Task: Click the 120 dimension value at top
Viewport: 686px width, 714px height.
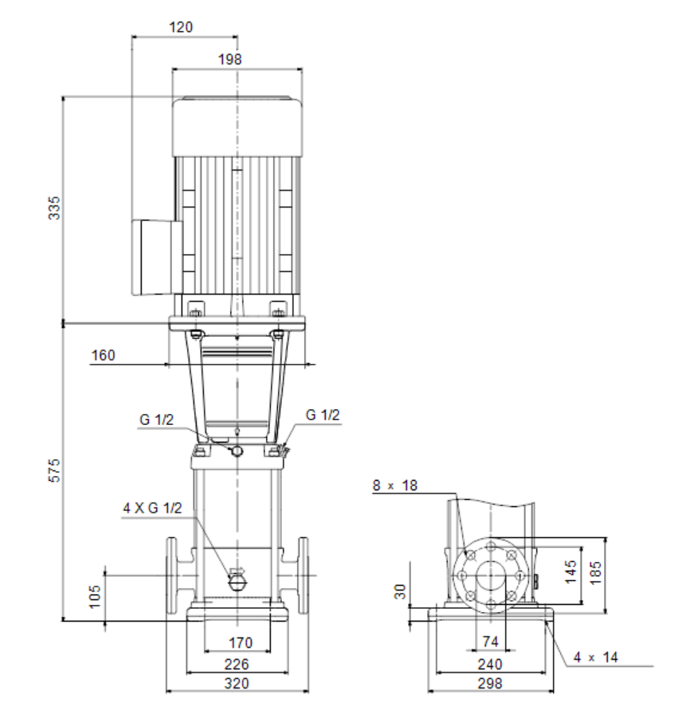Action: [x=181, y=27]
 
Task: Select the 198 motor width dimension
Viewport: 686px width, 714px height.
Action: [x=229, y=59]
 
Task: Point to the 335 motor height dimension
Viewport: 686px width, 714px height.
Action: [x=54, y=208]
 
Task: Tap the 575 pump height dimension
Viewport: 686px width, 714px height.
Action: [x=54, y=470]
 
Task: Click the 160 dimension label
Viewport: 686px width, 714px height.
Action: [x=104, y=355]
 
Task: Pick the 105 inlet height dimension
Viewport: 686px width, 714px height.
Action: [x=94, y=597]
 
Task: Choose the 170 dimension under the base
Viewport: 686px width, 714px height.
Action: [x=240, y=642]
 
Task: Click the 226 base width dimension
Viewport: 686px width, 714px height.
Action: [x=237, y=665]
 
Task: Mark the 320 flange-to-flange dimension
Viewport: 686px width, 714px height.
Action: [x=237, y=683]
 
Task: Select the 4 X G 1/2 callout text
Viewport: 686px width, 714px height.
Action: [x=152, y=508]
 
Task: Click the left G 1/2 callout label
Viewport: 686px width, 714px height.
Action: [x=156, y=419]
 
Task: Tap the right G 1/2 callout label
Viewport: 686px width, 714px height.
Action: [x=323, y=415]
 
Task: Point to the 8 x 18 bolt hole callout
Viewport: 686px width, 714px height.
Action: [x=394, y=486]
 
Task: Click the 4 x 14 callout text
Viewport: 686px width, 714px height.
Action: [x=595, y=657]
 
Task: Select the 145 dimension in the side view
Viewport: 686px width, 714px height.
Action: [x=570, y=572]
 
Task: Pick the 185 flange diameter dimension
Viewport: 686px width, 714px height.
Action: [x=595, y=573]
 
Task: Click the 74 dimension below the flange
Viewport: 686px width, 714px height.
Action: [x=491, y=642]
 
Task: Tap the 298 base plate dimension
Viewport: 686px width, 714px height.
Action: [x=490, y=683]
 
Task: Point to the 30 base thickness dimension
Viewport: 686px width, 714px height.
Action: [x=400, y=591]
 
